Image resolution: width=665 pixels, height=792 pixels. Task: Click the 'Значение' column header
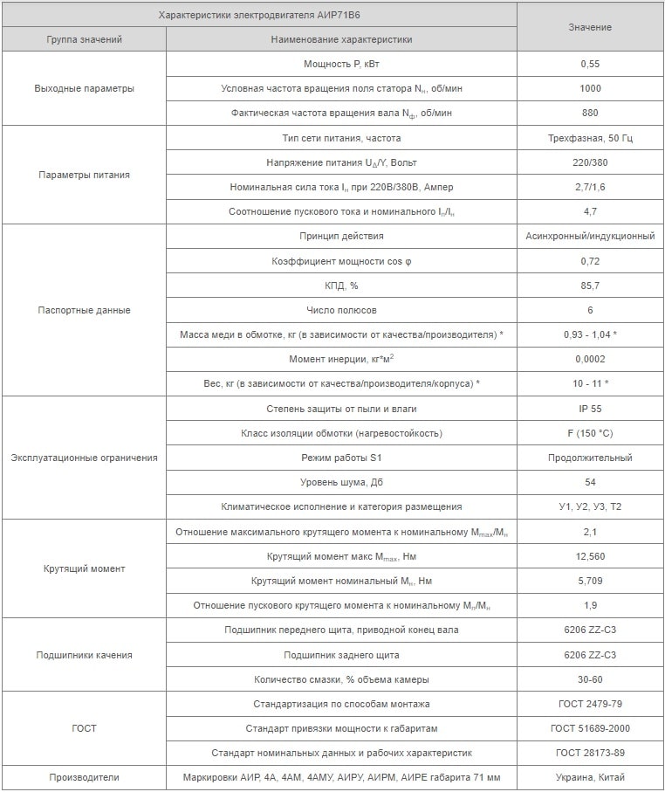click(x=590, y=27)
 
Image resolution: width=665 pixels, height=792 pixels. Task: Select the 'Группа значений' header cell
click(x=84, y=39)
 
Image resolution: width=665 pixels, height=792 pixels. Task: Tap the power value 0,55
click(x=590, y=64)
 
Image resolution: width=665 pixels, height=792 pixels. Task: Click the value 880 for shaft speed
click(x=590, y=114)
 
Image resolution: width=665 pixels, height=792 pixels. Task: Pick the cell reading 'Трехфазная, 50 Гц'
click(x=590, y=138)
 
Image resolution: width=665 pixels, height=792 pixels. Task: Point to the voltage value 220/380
click(x=590, y=163)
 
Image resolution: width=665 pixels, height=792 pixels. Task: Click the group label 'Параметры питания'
click(x=84, y=175)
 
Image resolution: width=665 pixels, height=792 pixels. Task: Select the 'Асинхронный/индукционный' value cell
click(x=590, y=237)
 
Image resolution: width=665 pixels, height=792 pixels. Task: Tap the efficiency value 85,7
click(x=590, y=286)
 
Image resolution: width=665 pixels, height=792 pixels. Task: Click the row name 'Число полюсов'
click(x=341, y=310)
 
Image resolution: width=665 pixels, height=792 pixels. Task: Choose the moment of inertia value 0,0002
click(x=590, y=359)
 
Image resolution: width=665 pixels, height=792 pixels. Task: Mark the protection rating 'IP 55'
click(x=590, y=409)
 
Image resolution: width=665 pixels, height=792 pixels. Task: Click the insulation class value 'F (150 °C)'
click(x=590, y=433)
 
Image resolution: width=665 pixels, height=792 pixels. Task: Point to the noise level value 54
click(x=590, y=482)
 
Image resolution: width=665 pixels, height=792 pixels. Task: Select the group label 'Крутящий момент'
click(x=84, y=568)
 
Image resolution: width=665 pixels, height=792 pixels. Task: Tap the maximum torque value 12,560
click(x=590, y=556)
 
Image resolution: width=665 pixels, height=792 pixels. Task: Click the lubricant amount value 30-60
click(x=590, y=679)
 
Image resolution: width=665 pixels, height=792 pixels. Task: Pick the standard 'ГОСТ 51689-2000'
click(x=590, y=728)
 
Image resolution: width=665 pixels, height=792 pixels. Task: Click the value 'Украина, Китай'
click(x=590, y=777)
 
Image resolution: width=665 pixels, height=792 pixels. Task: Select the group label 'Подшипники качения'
click(x=84, y=655)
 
